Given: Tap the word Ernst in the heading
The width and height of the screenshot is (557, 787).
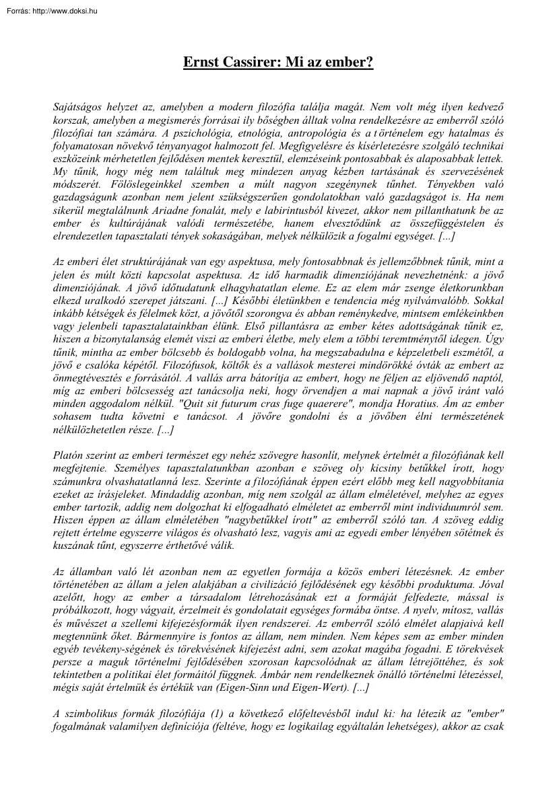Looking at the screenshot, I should coord(199,63).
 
